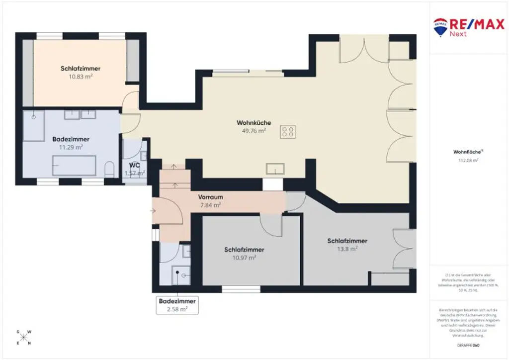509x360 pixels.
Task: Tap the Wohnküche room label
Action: [254, 122]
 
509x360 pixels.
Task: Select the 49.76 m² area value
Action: [254, 131]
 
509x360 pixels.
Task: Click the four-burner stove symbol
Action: [287, 131]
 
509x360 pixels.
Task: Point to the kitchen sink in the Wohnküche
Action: [275, 169]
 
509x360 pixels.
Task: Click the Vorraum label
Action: [210, 197]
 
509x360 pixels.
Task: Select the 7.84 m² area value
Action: [210, 204]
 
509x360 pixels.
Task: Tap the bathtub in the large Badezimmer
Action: [75, 165]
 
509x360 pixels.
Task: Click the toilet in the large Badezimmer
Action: [110, 169]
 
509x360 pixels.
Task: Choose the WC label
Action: [134, 165]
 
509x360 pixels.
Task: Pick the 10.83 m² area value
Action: [81, 77]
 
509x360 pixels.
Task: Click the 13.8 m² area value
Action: [347, 249]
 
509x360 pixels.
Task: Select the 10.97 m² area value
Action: [244, 258]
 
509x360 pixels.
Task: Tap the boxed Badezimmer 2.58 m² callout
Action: [177, 305]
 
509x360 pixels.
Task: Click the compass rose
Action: [24, 337]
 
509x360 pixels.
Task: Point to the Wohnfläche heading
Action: [465, 152]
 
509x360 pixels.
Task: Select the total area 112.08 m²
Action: [468, 161]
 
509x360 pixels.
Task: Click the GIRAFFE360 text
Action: [469, 345]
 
